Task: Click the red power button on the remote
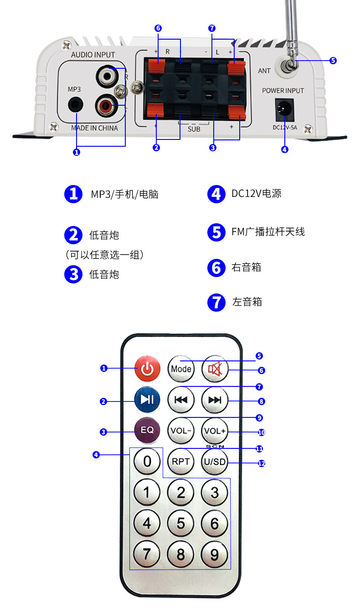click(147, 368)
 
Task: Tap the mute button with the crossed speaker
click(215, 368)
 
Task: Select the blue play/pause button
click(147, 400)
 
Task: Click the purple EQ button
click(147, 430)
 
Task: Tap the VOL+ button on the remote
click(215, 431)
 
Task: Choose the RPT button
click(181, 462)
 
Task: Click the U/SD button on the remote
click(215, 462)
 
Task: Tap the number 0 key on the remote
click(147, 462)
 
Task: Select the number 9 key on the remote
click(215, 555)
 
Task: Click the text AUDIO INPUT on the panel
click(93, 55)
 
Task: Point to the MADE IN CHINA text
click(94, 128)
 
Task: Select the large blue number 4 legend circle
click(216, 194)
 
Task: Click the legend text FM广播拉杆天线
click(268, 232)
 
